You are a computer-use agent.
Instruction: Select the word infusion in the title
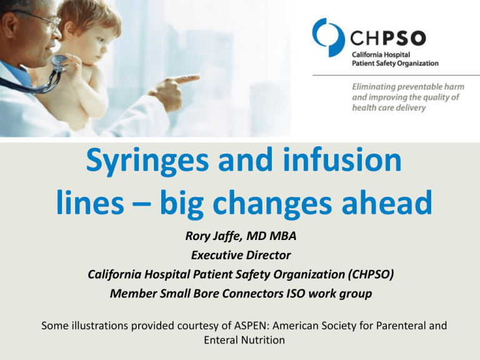(342, 159)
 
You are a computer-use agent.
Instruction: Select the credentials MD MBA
(271, 236)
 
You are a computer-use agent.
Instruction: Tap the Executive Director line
(241, 255)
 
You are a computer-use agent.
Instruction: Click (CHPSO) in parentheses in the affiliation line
(371, 274)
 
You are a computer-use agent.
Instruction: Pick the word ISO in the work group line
(296, 293)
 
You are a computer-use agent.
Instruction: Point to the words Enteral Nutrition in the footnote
(244, 340)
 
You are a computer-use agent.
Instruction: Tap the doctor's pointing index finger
(185, 79)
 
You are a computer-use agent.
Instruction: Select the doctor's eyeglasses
(43, 19)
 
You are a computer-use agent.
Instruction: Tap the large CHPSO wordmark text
(388, 38)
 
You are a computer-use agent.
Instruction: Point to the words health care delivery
(389, 107)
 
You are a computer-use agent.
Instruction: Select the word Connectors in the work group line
(252, 293)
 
